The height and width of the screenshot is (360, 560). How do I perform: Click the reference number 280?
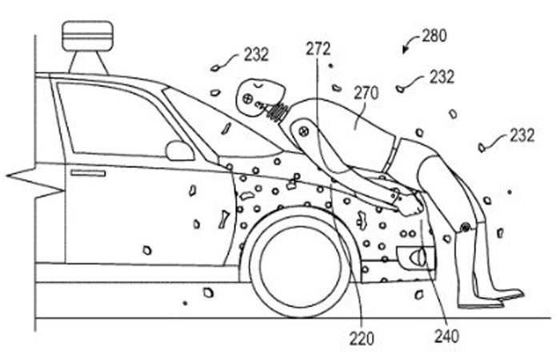pyautogui.click(x=434, y=36)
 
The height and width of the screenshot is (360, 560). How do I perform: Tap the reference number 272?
pyautogui.click(x=318, y=50)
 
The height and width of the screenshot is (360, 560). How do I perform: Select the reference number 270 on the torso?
pyautogui.click(x=366, y=93)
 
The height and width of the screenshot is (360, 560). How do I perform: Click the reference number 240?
pyautogui.click(x=446, y=336)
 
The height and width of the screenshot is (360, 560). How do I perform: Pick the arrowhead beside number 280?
pyautogui.click(x=406, y=50)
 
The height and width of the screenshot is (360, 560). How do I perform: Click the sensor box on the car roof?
pyautogui.click(x=87, y=35)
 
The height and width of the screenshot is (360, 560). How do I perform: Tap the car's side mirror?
pyautogui.click(x=180, y=150)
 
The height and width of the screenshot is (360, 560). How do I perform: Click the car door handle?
pyautogui.click(x=88, y=174)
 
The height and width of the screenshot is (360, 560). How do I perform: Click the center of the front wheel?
pyautogui.click(x=300, y=263)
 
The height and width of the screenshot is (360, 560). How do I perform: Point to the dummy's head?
pyautogui.click(x=260, y=98)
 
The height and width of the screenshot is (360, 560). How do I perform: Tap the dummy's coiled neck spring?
pyautogui.click(x=278, y=110)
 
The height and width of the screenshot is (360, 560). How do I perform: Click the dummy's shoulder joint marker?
pyautogui.click(x=303, y=131)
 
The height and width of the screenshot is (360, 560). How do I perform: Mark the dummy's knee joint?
pyautogui.click(x=465, y=226)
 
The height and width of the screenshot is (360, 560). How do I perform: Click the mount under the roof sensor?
pyautogui.click(x=88, y=62)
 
